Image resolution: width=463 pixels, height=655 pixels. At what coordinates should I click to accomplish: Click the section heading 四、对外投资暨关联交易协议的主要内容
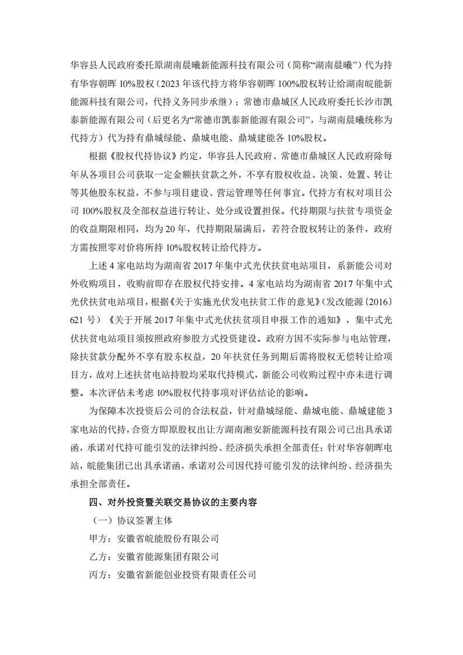coord(173,502)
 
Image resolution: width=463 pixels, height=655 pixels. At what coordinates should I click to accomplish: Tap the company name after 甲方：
coord(168,538)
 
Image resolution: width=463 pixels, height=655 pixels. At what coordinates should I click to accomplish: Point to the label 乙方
coord(98,556)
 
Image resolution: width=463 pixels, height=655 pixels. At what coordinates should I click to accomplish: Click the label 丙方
coord(98,575)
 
